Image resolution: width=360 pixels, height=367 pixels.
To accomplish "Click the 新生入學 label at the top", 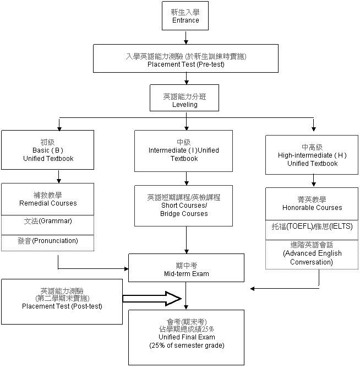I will tap(185, 13).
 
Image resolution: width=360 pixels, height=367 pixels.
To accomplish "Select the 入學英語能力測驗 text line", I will tap(186, 56).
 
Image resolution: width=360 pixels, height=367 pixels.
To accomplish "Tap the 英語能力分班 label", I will tap(184, 96).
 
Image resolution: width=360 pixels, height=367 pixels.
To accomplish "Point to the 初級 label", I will tap(47, 142).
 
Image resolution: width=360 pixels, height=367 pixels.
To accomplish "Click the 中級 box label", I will tap(183, 142).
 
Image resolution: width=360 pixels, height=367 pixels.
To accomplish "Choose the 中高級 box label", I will tap(312, 148).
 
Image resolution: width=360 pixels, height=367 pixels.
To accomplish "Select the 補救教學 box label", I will tap(47, 195).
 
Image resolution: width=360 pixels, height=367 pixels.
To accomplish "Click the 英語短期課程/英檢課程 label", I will tap(183, 197).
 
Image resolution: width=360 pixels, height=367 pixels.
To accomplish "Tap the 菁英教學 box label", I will tap(312, 199).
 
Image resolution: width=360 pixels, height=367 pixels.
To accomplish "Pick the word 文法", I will tap(31, 222).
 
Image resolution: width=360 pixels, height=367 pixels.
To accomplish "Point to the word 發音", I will tap(24, 241).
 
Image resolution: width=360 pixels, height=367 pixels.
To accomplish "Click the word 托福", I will tap(279, 226).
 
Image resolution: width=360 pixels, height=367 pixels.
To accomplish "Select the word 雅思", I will tap(321, 226).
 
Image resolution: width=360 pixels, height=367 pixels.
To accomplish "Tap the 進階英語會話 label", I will tap(312, 245).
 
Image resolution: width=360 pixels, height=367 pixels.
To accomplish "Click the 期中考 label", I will tap(186, 266).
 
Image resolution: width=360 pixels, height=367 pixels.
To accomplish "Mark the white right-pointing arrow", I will tap(150, 299).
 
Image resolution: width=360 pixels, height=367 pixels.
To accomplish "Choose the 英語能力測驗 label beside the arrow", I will tap(62, 291).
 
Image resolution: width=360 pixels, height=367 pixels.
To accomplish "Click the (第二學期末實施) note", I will tap(62, 299).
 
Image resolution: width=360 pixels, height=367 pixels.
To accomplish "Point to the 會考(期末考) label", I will tap(186, 322).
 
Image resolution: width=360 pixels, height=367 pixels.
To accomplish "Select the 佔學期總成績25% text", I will tap(186, 329).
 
